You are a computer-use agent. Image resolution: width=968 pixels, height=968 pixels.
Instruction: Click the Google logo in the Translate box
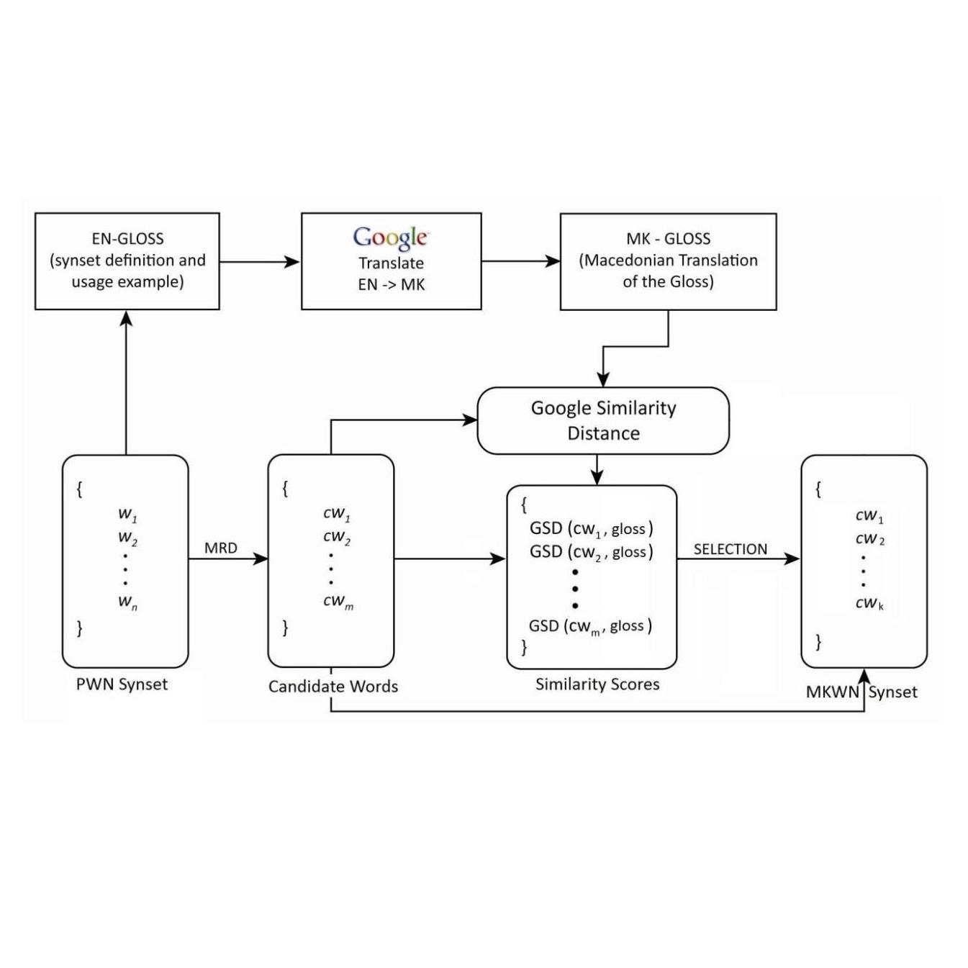tap(391, 237)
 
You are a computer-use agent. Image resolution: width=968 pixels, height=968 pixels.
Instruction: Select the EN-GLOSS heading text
tap(127, 239)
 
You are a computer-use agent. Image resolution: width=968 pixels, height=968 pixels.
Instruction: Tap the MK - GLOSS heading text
tap(668, 239)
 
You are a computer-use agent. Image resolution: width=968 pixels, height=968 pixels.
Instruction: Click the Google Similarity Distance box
tap(603, 420)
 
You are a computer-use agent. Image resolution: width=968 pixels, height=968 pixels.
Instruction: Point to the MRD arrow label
tap(220, 548)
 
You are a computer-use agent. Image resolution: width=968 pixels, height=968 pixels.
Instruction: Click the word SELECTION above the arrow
tap(730, 549)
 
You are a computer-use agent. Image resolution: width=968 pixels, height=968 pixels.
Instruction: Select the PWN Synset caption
tap(122, 684)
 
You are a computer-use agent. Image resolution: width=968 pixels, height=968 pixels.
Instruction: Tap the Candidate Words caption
tap(333, 687)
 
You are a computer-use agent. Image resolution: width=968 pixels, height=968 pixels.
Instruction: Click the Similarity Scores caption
tap(597, 684)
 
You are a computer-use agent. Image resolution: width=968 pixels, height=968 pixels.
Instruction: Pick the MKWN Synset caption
tap(861, 692)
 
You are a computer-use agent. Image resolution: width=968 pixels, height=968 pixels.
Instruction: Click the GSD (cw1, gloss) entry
tap(591, 529)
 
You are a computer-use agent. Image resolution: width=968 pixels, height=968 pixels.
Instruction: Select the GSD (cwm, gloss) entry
tap(590, 626)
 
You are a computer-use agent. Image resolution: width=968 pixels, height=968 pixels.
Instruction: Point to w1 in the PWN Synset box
tap(127, 515)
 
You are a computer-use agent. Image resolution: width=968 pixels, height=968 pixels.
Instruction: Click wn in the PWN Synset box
tap(127, 602)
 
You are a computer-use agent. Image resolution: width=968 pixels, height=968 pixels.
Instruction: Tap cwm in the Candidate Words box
tap(338, 602)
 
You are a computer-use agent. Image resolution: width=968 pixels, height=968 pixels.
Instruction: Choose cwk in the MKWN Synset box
tap(869, 603)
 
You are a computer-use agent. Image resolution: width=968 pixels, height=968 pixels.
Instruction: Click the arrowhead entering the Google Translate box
tap(292, 262)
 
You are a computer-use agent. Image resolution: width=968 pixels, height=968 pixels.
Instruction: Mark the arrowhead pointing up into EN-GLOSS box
tap(126, 318)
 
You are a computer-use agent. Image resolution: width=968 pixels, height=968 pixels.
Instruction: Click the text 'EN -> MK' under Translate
tap(391, 285)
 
